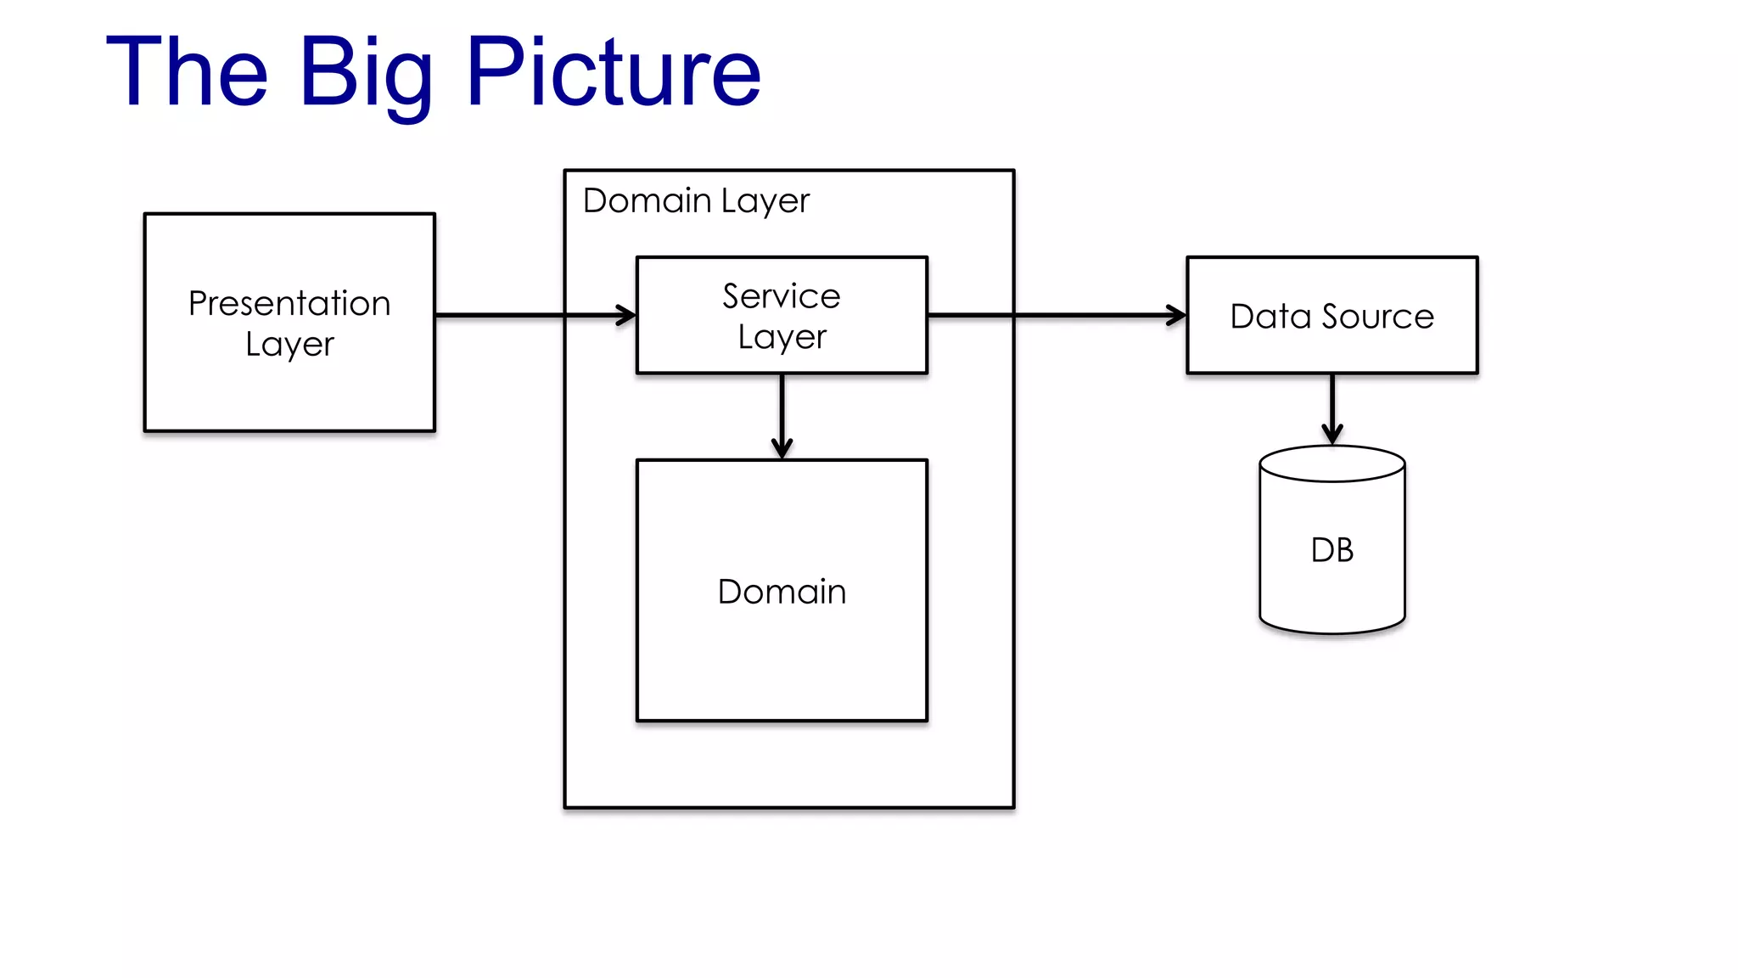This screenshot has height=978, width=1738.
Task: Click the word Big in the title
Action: point(366,74)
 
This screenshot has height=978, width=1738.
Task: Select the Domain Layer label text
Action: point(696,201)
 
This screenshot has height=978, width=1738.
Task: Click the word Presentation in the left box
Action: point(289,303)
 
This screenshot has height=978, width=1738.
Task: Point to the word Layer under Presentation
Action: point(289,345)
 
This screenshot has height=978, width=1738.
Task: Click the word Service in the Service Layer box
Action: point(782,296)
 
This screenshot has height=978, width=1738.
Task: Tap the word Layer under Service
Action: point(782,337)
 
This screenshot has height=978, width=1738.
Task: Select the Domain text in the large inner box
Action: point(782,592)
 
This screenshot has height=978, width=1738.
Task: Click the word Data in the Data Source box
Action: point(1270,317)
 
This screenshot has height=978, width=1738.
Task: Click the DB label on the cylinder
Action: point(1332,550)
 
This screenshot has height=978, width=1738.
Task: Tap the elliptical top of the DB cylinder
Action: point(1332,464)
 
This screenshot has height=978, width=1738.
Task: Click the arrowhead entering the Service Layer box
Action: point(626,315)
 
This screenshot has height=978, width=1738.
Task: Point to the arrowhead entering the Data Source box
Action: point(1176,315)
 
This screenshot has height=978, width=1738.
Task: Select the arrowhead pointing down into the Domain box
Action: point(782,448)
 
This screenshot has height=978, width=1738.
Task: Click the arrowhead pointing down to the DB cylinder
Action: point(1332,434)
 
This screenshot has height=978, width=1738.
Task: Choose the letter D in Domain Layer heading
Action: point(596,201)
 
